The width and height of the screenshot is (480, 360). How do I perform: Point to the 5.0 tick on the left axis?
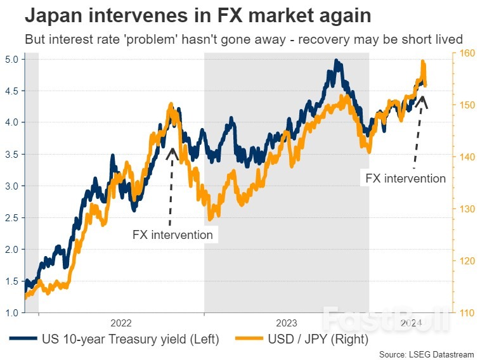point(13,59)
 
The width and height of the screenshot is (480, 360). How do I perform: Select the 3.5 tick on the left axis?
point(13,154)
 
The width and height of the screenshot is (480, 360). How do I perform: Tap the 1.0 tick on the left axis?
point(13,312)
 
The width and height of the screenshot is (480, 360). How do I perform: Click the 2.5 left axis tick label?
point(13,217)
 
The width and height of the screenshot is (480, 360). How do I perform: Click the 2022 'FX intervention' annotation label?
point(172,235)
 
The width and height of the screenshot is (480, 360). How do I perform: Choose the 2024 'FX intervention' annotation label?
point(406,178)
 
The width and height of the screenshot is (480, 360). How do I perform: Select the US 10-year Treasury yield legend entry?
point(114,339)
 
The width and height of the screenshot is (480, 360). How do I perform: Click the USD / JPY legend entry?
point(301,339)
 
